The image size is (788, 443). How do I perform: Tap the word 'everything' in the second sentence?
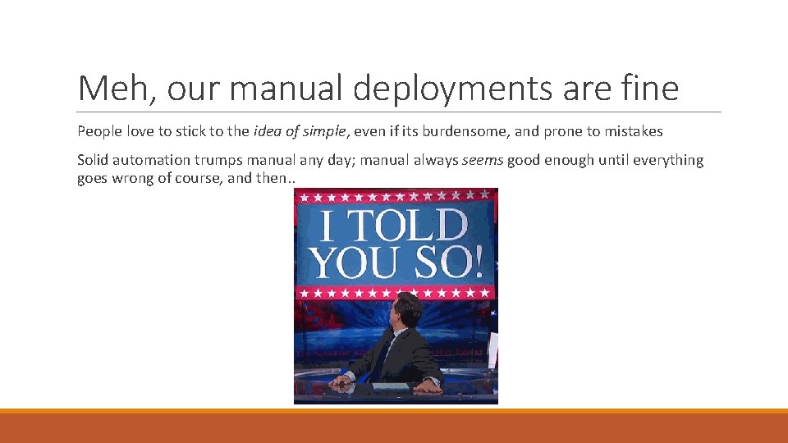pos(668,160)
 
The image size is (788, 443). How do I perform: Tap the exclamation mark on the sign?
pos(479,262)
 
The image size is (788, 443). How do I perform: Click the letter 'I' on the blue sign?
pos(328,226)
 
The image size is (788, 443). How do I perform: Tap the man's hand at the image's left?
pos(338,381)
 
